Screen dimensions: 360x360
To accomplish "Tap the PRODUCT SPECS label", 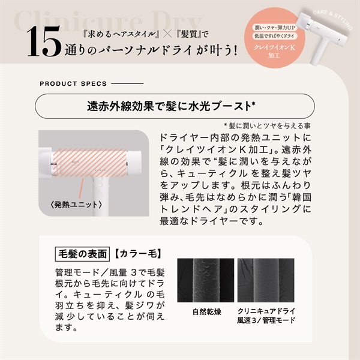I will click(x=73, y=83).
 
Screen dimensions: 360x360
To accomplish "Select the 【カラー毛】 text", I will click(x=136, y=253).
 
